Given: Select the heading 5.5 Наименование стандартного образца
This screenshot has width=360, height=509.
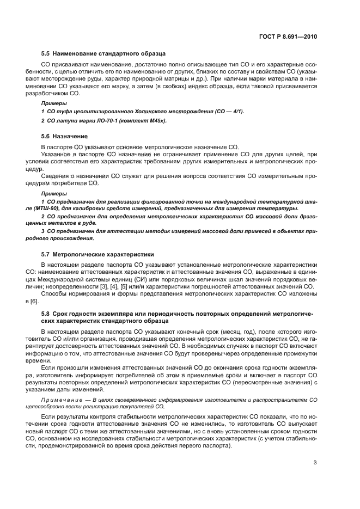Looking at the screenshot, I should [x=103, y=54].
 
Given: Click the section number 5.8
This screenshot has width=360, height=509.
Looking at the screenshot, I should [x=46, y=314].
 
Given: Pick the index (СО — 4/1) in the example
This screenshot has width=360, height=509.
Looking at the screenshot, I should [x=226, y=112].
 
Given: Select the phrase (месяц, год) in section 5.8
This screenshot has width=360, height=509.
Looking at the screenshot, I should [x=225, y=331].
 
